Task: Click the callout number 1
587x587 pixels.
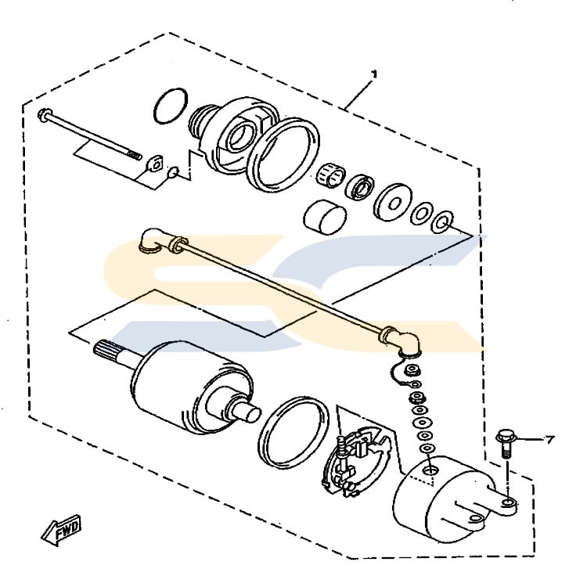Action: coord(373,74)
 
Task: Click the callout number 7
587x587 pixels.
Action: coord(549,440)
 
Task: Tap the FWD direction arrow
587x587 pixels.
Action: coord(61,529)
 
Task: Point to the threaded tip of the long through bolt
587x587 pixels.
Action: coord(135,155)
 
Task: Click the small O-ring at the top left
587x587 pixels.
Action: coord(171,106)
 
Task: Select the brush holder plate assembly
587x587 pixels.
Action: coord(355,463)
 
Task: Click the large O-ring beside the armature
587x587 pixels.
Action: coord(293,432)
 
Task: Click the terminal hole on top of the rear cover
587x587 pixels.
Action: coord(430,470)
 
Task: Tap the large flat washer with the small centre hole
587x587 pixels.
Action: coord(393,203)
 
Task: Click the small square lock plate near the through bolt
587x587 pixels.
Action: coord(156,164)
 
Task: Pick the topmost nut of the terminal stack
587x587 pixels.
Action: coord(412,371)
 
